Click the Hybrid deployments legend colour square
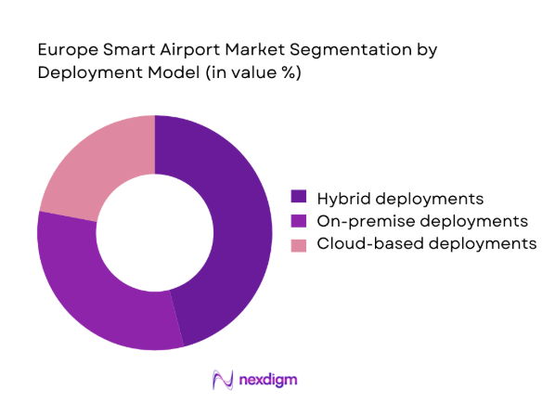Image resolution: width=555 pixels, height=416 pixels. pos(299,198)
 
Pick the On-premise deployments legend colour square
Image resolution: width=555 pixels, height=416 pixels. pos(299,221)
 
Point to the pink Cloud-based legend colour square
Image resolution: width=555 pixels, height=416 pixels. pos(299,244)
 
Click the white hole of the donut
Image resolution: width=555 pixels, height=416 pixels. pos(155,232)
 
